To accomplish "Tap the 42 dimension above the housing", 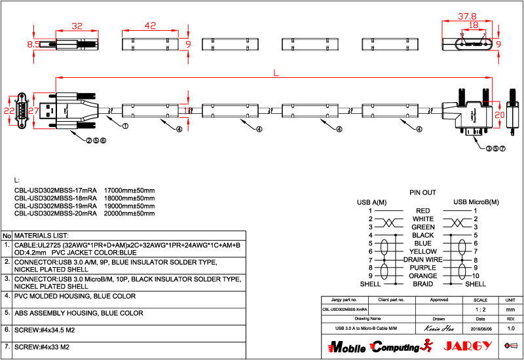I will (x=150, y=26).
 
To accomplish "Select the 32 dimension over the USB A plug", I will (x=77, y=26).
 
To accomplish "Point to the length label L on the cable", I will (x=276, y=74).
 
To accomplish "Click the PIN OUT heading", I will (x=422, y=193).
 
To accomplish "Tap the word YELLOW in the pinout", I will (x=422, y=251).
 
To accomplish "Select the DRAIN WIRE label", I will (x=422, y=260).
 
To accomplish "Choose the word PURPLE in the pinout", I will (x=422, y=268).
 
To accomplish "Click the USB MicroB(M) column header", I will (x=476, y=202).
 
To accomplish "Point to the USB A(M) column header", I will (x=371, y=202).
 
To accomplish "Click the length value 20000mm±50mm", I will (x=130, y=213).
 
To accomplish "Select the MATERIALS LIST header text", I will (x=42, y=235).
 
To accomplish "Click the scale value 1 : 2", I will (x=479, y=309).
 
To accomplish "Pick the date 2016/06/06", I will (x=479, y=328).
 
